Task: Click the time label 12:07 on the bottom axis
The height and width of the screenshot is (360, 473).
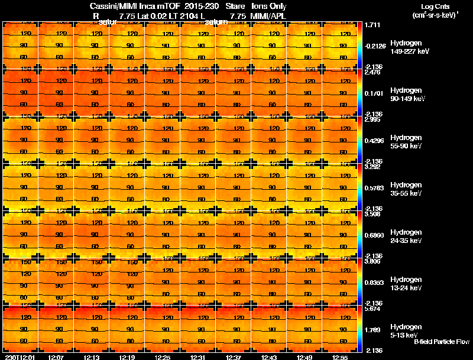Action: coord(57,357)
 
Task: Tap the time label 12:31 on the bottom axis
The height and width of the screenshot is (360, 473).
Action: coord(199,357)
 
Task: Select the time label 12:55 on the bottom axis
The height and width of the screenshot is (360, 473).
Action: coord(341,357)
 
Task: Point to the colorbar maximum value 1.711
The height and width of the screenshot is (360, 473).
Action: coord(372,25)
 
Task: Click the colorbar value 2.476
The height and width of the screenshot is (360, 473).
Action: coord(372,73)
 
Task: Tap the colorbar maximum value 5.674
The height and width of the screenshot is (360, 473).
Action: coord(372,309)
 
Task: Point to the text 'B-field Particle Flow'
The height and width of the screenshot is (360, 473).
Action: coord(441,342)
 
